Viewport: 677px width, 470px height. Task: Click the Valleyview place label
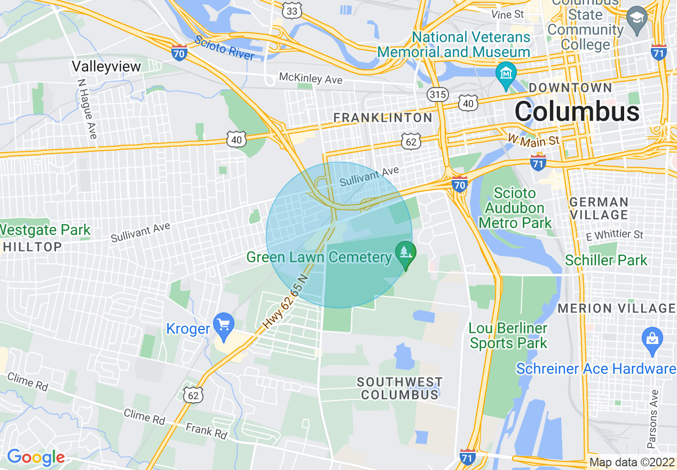(x=106, y=66)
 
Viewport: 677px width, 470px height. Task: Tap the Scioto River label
(x=224, y=48)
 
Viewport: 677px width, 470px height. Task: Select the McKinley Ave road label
(x=310, y=79)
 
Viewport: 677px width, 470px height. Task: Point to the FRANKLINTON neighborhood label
(x=382, y=117)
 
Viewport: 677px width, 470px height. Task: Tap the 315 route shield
(x=437, y=95)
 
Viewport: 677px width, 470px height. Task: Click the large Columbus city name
(x=577, y=112)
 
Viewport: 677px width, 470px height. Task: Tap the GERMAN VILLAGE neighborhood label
(x=599, y=208)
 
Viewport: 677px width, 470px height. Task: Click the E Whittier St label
(x=614, y=235)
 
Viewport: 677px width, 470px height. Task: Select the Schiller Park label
(x=606, y=261)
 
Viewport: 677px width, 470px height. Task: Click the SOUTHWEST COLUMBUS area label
(x=399, y=388)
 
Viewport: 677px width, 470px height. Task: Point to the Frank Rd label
(x=206, y=431)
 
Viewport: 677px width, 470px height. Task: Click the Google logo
(x=35, y=457)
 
